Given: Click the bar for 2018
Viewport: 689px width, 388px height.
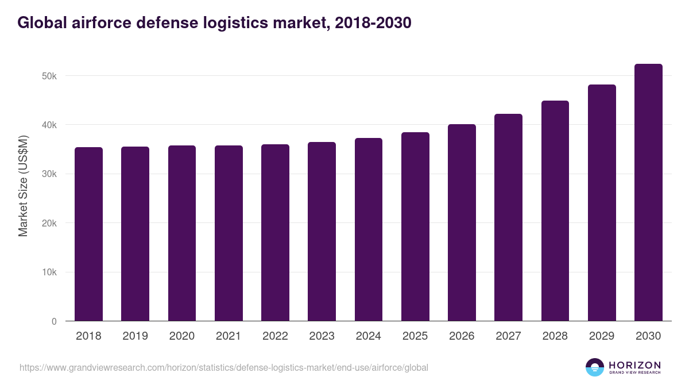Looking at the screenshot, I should tap(88, 235).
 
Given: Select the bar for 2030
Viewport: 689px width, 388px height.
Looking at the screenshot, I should tap(648, 193).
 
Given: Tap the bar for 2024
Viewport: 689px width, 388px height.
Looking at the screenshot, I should tap(369, 230).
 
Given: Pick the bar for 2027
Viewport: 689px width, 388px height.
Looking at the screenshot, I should tap(508, 218).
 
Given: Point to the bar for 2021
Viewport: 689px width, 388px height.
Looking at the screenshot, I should tap(229, 233).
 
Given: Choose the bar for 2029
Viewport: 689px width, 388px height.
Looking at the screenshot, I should tap(602, 203).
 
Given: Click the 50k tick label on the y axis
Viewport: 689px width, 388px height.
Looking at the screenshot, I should tap(50, 76).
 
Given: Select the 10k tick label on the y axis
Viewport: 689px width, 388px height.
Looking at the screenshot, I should tap(50, 272).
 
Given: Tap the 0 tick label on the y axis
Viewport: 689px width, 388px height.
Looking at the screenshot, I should tap(54, 321).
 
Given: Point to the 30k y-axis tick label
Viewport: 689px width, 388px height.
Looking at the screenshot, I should tap(50, 174).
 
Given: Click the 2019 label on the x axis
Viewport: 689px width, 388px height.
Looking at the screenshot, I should tap(135, 336).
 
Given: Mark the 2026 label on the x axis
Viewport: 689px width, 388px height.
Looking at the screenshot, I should tap(462, 336).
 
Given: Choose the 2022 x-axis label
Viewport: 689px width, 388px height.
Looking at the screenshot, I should tap(275, 336).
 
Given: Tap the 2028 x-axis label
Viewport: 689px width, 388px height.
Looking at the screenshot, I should tap(555, 336).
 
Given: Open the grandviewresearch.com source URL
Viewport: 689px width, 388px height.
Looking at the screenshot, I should tap(224, 367).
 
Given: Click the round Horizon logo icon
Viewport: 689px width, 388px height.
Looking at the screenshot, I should tap(595, 367).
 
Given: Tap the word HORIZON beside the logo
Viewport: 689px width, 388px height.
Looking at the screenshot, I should tap(634, 365).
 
